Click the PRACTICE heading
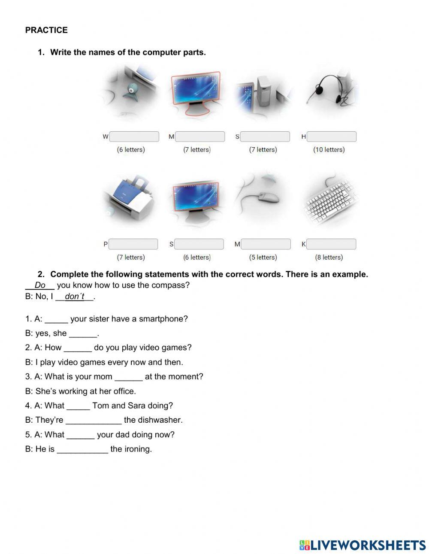[x=46, y=30]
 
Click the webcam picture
[x=130, y=92]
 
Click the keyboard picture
[x=329, y=200]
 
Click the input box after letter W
[x=134, y=137]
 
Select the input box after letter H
[x=332, y=137]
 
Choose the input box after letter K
[x=331, y=244]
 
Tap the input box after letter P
[x=133, y=244]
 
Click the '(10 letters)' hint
[x=329, y=150]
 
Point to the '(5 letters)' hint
[x=263, y=257]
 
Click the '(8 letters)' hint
[x=329, y=257]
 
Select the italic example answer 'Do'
[x=40, y=285]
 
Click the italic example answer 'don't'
[x=75, y=297]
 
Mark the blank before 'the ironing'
[x=82, y=449]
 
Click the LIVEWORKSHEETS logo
[x=363, y=545]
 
